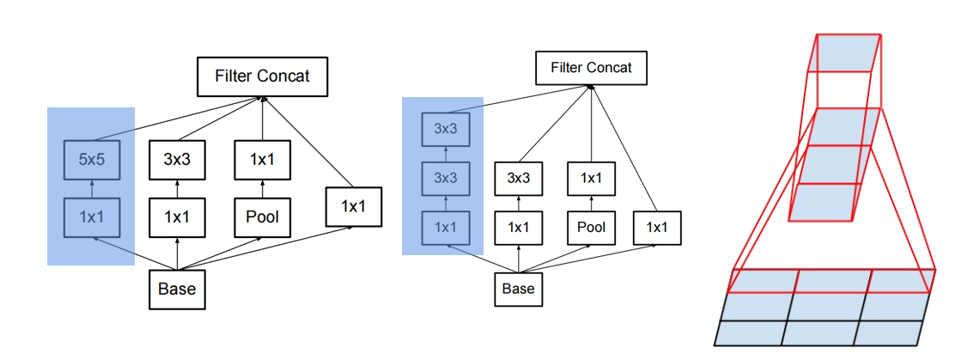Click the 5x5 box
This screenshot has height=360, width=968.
[91, 160]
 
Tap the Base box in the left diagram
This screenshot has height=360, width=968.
[177, 289]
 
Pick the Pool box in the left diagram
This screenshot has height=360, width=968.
[263, 217]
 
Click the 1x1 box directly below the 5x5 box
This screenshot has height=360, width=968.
[91, 217]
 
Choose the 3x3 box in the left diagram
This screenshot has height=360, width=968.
[177, 160]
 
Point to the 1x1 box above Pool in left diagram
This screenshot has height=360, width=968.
[263, 160]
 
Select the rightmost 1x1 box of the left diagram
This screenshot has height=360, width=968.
[352, 207]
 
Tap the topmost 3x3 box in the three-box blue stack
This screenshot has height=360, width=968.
[444, 130]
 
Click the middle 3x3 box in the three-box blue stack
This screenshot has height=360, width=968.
[444, 179]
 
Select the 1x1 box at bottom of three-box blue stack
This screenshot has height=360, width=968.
[444, 228]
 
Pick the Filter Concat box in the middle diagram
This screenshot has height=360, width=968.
[591, 68]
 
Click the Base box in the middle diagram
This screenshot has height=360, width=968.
[518, 289]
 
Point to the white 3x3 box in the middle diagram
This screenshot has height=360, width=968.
[518, 179]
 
